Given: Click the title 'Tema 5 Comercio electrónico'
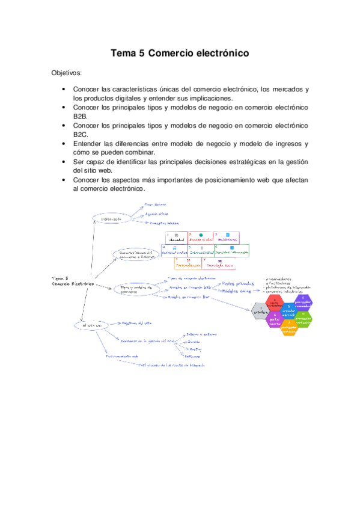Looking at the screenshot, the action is coord(180,54).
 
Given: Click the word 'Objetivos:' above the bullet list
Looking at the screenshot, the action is coord(69,73).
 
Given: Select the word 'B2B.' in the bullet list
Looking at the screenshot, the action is coord(81,116).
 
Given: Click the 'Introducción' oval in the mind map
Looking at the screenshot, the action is coord(112,220).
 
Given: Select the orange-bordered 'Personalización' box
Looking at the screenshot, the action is coord(188,263).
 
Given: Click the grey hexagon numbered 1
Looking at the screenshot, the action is coord(259,311).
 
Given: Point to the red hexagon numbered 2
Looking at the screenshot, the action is coord(276,301).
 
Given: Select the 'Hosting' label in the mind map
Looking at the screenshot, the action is coord(195,349).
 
